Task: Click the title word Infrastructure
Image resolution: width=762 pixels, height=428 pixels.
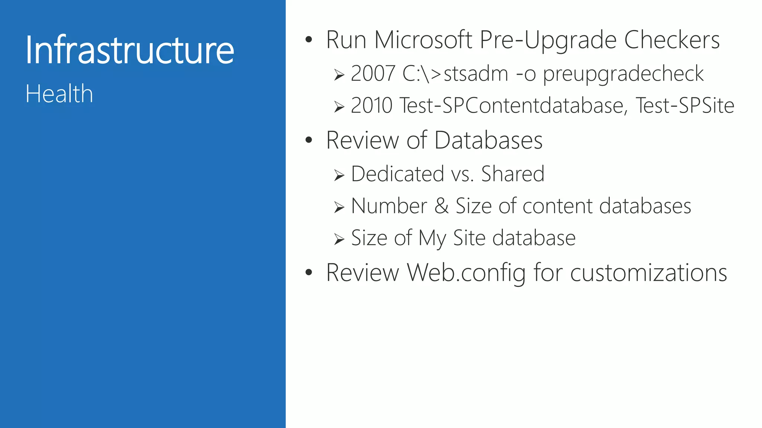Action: [129, 50]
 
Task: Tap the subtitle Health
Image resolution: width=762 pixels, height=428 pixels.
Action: [59, 94]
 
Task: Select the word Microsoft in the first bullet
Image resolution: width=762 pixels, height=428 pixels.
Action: [423, 40]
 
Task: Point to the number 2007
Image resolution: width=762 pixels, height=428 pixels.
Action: [373, 73]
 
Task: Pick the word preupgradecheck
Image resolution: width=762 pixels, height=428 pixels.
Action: [623, 74]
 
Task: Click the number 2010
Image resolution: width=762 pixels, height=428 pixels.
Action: [371, 105]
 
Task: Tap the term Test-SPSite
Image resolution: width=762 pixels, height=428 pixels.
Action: [685, 105]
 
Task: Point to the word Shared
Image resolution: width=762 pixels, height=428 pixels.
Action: [513, 174]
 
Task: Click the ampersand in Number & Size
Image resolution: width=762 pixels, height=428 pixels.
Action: [442, 206]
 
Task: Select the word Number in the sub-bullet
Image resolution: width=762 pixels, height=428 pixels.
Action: [389, 206]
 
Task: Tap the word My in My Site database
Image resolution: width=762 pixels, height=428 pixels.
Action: [432, 239]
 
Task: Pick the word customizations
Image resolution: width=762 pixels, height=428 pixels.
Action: [649, 273]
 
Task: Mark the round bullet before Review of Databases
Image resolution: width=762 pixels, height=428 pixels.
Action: [308, 140]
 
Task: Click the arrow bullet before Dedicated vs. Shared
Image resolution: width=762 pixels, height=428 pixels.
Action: [339, 175]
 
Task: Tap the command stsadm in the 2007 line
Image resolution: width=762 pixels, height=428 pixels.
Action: [476, 74]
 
